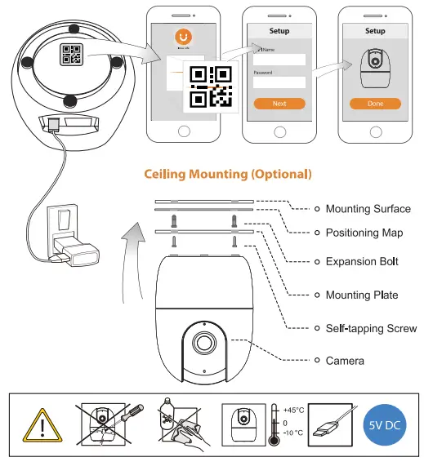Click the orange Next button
tap(279, 104)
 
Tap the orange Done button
tap(375, 104)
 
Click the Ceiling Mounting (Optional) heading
tap(228, 174)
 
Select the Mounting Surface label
tap(368, 209)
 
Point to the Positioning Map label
tap(364, 233)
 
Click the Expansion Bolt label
tap(362, 262)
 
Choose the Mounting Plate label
tap(362, 295)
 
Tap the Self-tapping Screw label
tap(371, 328)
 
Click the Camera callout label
tap(346, 359)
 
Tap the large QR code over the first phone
tap(210, 87)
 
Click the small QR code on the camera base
tap(71, 54)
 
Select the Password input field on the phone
tap(279, 82)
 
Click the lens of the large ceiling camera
tap(203, 341)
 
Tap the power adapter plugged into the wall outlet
tap(78, 248)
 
